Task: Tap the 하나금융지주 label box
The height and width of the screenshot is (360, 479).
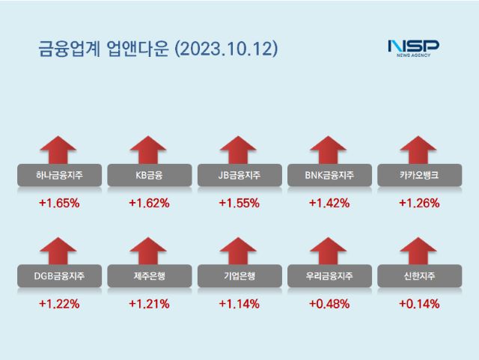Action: (59, 176)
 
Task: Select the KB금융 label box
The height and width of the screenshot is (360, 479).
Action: (149, 176)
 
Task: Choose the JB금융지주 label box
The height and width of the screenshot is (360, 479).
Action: (239, 176)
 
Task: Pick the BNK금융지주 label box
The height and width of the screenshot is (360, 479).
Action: (329, 176)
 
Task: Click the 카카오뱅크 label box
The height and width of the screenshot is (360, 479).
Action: (418, 176)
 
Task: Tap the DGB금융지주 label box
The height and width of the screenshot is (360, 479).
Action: (59, 276)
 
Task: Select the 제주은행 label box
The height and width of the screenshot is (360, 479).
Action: (149, 276)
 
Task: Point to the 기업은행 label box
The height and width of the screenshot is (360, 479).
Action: (239, 276)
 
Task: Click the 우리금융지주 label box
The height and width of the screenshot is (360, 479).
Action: (329, 276)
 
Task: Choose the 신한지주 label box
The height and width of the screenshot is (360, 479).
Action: (418, 276)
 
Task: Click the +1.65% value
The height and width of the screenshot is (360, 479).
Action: (59, 203)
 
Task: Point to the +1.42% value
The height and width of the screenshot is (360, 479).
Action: (329, 203)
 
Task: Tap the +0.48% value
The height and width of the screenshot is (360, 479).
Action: (329, 304)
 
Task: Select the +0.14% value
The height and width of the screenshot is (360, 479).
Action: (418, 304)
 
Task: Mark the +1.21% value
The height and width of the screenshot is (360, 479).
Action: (149, 304)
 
